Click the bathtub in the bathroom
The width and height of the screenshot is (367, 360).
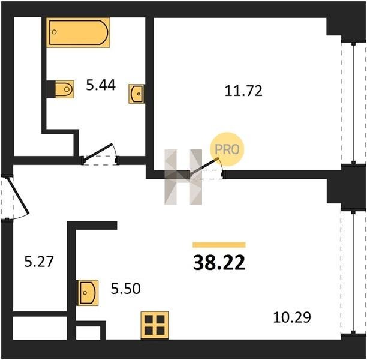(78, 32)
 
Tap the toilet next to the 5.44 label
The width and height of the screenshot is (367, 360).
(64, 89)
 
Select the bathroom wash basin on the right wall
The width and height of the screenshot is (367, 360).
(137, 94)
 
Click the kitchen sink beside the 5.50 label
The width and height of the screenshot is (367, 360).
(88, 293)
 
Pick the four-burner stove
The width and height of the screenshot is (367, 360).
(155, 325)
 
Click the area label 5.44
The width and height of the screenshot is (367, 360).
(101, 85)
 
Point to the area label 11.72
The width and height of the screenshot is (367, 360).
(243, 91)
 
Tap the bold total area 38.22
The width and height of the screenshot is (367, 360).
(219, 263)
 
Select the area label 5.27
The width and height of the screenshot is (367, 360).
(39, 262)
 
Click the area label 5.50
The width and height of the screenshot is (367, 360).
(126, 289)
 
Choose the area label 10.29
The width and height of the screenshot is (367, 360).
(292, 317)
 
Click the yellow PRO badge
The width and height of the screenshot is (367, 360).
(227, 149)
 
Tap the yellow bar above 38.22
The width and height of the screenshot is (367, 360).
(219, 245)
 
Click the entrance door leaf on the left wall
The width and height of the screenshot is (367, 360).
(18, 196)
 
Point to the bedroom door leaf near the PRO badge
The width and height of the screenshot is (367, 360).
(204, 167)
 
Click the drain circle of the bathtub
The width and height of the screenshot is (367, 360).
(55, 32)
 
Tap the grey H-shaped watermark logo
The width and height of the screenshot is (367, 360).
(183, 177)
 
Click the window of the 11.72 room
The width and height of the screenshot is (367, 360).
(354, 103)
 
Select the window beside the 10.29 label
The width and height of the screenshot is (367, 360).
(354, 272)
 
